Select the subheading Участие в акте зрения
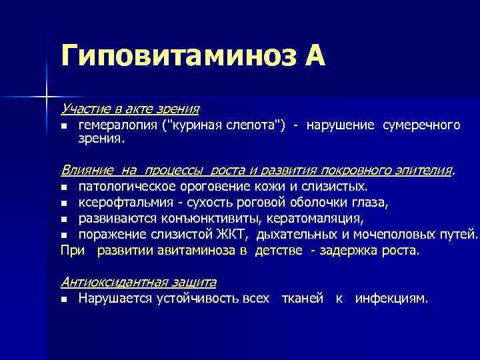pyautogui.click(x=130, y=107)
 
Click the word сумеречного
pyautogui.click(x=421, y=125)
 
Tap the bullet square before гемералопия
pyautogui.click(x=64, y=126)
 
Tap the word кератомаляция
pyautogui.click(x=315, y=218)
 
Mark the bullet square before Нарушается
pyautogui.click(x=64, y=299)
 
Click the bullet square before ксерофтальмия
pyautogui.click(x=64, y=203)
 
